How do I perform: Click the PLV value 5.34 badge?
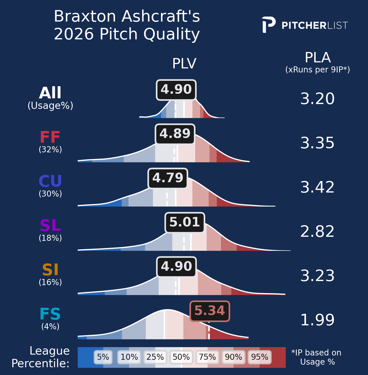point(210,311)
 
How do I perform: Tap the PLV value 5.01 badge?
point(185,222)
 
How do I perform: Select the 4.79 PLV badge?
point(168,178)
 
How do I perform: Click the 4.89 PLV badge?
point(175,134)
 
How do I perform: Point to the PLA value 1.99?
point(317,320)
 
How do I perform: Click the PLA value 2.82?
point(317,232)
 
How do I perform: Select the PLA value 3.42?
point(317,187)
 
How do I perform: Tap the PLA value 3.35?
point(317,143)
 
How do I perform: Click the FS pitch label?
point(50,314)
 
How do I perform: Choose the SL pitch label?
point(50,226)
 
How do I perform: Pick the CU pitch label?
point(50,181)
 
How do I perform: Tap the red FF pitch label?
point(50,137)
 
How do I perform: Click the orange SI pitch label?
point(50,270)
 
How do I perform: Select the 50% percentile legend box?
point(181,357)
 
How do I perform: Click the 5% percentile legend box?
point(103,357)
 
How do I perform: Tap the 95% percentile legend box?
point(259,357)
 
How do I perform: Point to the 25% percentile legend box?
point(155,357)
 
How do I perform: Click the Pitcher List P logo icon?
point(268,25)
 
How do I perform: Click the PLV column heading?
point(184,64)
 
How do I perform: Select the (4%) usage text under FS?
point(50,326)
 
